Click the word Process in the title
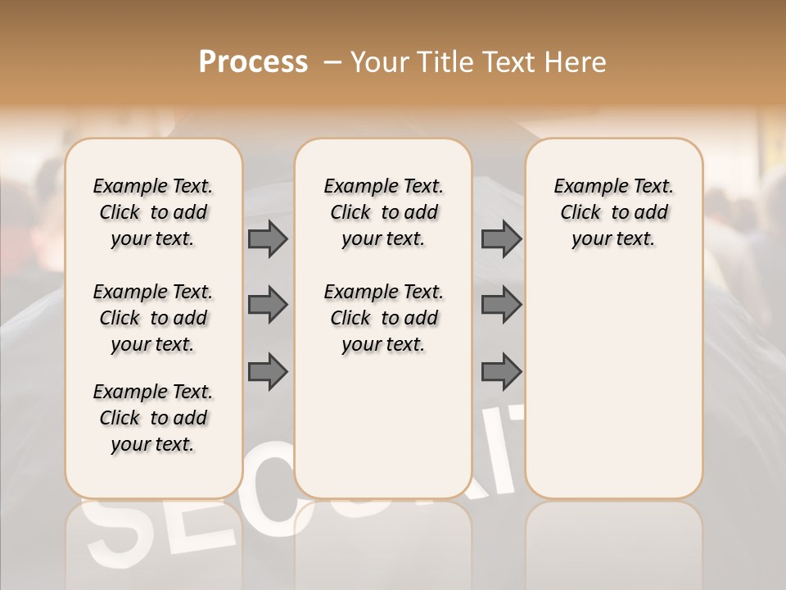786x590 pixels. click(253, 62)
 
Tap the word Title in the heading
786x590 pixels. click(442, 62)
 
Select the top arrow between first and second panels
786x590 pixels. click(268, 239)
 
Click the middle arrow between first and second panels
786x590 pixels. click(268, 306)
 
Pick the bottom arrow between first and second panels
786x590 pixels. click(268, 371)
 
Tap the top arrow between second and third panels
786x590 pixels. click(501, 239)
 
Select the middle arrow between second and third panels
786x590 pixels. click(501, 306)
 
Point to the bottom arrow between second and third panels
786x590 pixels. click(501, 371)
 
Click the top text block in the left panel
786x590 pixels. click(153, 212)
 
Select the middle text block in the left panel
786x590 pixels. click(153, 318)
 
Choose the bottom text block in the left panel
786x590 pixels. click(153, 418)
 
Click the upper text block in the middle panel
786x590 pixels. click(384, 212)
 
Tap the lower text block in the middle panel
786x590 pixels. click(384, 318)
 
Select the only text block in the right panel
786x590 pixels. click(614, 212)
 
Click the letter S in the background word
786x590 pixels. click(115, 533)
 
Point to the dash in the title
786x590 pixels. click(332, 62)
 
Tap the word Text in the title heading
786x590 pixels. click(507, 62)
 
